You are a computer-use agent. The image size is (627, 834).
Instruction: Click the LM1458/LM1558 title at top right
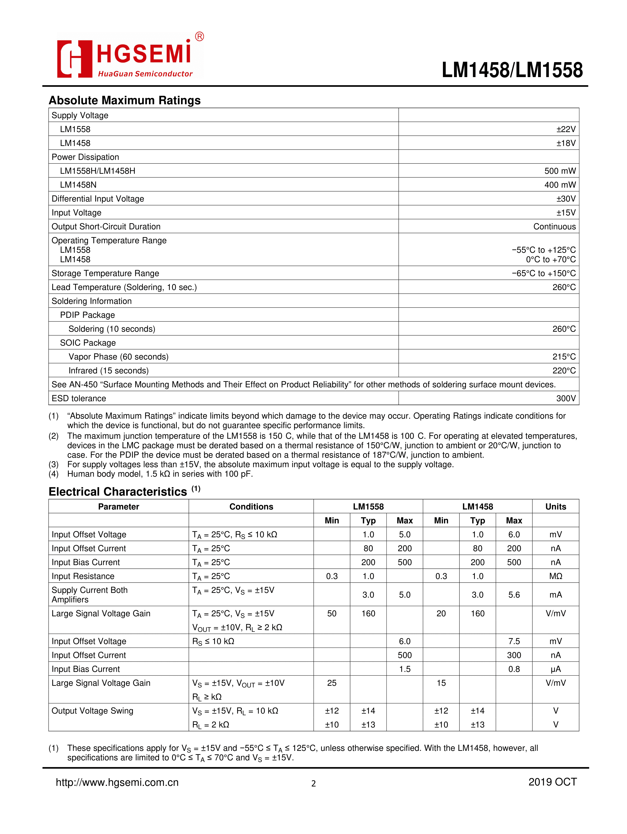512,70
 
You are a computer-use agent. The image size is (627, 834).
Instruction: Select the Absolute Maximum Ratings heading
124,100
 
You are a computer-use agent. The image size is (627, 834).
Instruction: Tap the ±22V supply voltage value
566,129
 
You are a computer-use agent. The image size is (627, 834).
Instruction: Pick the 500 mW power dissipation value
560,171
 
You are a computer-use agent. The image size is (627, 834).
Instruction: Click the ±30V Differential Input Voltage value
566,199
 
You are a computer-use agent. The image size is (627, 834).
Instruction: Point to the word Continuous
554,227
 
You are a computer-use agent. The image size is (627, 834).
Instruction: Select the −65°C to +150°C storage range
544,273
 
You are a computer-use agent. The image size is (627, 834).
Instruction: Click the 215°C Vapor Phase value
564,357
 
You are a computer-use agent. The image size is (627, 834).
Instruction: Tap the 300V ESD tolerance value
566,399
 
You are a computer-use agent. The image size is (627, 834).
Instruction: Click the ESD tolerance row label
79,399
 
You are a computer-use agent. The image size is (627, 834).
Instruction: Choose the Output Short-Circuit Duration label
106,227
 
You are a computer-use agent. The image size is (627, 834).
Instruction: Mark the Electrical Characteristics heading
118,492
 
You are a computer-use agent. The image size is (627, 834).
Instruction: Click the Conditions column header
251,507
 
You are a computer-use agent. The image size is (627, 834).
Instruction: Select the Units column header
555,507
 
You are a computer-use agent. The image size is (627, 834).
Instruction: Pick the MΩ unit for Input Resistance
555,576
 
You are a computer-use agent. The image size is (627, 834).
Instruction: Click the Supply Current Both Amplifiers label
89,595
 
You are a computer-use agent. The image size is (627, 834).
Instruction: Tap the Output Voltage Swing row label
93,711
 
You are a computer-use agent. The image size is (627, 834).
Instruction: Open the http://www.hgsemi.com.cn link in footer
117,782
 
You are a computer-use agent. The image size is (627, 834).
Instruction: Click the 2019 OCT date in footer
552,782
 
